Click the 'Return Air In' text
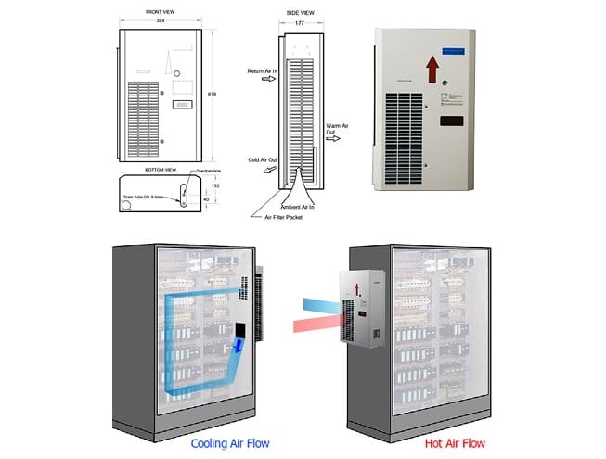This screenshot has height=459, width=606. (263, 70)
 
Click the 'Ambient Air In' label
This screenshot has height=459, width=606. (302, 206)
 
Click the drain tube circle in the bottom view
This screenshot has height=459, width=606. (126, 206)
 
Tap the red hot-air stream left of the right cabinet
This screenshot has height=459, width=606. (312, 325)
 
